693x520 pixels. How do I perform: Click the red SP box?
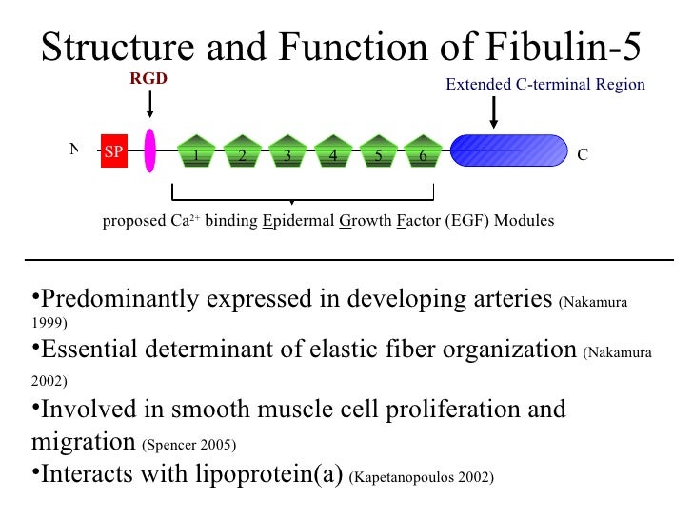click(113, 152)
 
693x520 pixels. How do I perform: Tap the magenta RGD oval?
click(149, 151)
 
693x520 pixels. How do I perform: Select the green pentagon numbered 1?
click(196, 151)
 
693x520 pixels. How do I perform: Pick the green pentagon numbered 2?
click(242, 151)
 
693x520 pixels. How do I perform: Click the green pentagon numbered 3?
click(287, 151)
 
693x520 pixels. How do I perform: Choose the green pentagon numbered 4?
click(332, 151)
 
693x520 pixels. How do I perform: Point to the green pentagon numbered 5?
click(378, 151)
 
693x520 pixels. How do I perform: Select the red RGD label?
click(148, 79)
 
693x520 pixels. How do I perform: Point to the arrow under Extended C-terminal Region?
click(493, 112)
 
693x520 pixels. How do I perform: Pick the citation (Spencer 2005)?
click(188, 445)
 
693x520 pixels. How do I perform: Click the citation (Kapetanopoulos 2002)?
click(421, 477)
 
